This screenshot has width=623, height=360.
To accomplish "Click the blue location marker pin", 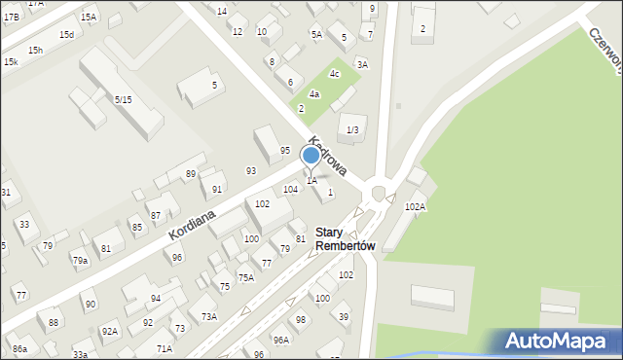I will click(x=311, y=155).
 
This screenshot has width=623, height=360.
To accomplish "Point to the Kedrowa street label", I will click(x=330, y=155).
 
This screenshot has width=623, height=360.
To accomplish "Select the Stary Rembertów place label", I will click(x=345, y=239).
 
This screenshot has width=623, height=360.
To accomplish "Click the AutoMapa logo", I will click(x=559, y=341).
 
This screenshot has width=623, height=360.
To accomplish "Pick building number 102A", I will click(x=415, y=206).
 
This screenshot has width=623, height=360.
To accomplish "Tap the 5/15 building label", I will click(x=123, y=99).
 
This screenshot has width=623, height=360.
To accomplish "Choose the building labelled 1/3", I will click(x=351, y=129).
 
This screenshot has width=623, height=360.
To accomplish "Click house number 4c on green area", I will click(x=334, y=74).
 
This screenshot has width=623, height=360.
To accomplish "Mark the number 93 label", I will click(x=251, y=170).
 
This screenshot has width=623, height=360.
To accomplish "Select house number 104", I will click(x=290, y=189).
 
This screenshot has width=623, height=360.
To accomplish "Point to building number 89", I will click(x=191, y=173).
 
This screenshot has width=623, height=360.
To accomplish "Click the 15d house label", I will click(x=66, y=34).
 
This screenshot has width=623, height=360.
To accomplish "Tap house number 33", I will click(x=23, y=225).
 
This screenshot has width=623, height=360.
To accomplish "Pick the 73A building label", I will click(x=209, y=316).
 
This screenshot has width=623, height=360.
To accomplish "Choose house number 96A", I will click(x=280, y=340).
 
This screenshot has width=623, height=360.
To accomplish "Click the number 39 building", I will click(x=343, y=317).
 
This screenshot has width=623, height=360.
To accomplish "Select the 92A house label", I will click(x=110, y=332).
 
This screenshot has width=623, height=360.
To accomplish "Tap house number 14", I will click(x=222, y=11).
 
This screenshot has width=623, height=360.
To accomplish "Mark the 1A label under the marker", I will click(x=311, y=180).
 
